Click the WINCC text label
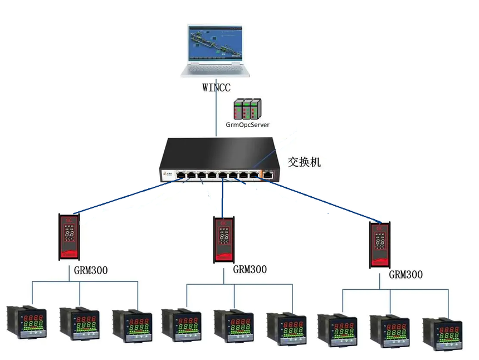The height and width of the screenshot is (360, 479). click(216, 87)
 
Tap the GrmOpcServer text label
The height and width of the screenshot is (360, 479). click(247, 125)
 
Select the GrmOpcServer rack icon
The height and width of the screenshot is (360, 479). click(247, 109)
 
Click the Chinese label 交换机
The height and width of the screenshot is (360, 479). click(304, 162)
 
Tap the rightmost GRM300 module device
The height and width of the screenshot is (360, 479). click(380, 245)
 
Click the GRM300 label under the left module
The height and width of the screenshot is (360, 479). click(91, 271)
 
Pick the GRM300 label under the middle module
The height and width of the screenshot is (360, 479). click(250, 270)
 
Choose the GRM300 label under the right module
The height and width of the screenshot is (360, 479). click(405, 275)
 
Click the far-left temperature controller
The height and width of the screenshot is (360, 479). click(26, 322)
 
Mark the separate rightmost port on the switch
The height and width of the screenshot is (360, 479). click(269, 175)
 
